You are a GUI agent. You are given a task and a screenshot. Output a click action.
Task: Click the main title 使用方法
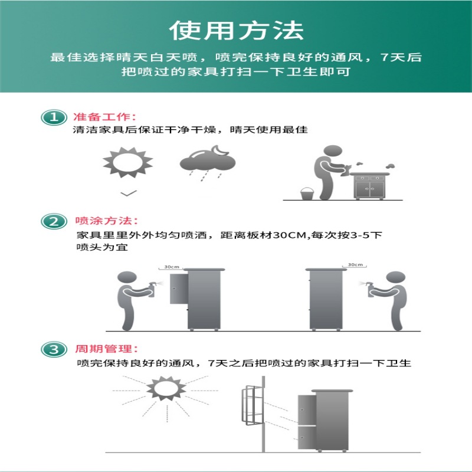[237, 31]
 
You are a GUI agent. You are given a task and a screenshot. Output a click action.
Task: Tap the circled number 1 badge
[54, 117]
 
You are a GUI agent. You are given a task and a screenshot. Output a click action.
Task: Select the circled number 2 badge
[54, 222]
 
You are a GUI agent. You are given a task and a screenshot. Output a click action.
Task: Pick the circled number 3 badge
[54, 349]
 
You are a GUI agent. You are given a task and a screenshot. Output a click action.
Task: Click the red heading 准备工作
[104, 117]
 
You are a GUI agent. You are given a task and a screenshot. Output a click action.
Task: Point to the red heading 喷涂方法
[106, 221]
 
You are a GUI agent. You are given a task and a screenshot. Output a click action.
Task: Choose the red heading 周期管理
[106, 349]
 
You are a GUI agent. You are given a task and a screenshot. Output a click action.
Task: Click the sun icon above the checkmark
[128, 162]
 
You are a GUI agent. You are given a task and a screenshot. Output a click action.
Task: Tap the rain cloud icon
[208, 163]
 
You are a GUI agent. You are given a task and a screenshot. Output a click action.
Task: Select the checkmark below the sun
[129, 194]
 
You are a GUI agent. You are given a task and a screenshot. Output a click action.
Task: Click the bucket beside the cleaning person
[307, 194]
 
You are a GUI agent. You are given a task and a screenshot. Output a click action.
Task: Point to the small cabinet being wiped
[370, 186]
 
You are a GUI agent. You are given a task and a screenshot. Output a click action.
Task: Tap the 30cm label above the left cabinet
[172, 267]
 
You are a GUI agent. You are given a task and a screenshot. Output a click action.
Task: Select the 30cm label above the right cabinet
[355, 265]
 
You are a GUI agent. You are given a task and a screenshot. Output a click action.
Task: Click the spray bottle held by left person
[152, 290]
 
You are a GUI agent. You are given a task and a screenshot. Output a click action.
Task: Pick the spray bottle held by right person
[371, 290]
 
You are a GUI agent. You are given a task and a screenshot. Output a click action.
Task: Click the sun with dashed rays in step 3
[166, 389]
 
